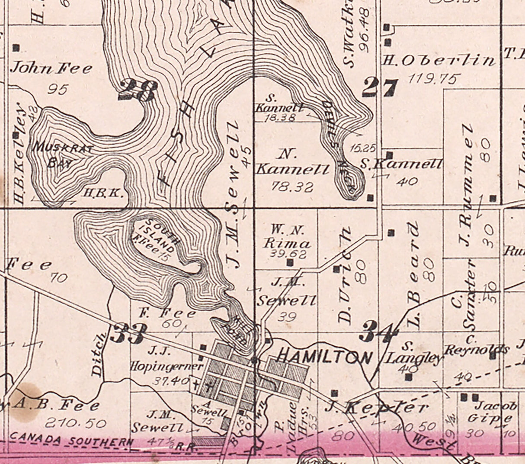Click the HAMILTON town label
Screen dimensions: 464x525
323,357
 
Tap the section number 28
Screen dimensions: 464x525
138,90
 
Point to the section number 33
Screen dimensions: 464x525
128,333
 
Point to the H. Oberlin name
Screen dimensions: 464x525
438,61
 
